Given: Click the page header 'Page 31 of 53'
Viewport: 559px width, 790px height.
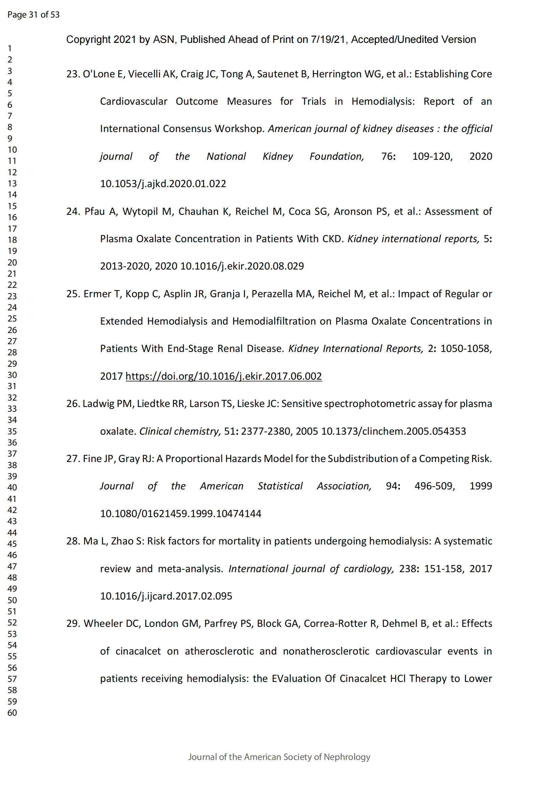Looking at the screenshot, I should (33, 15).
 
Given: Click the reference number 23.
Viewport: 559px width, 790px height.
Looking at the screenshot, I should (73, 74).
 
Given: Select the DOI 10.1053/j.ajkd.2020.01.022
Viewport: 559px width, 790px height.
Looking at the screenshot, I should (163, 184).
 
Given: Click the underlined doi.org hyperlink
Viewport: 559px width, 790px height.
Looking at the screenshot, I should (223, 376).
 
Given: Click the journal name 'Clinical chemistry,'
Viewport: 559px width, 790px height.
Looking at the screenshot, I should (180, 431).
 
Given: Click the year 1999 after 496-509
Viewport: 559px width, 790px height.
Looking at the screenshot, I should (481, 486).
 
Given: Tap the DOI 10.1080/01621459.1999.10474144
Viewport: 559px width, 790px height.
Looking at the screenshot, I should (180, 514).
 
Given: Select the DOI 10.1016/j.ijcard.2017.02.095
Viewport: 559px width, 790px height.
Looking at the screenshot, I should (166, 596).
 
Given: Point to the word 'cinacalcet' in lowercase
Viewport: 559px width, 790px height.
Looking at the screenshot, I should (138, 651).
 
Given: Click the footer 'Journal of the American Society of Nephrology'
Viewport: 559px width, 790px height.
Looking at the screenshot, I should (279, 757).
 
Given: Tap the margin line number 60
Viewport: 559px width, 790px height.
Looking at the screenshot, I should (12, 713).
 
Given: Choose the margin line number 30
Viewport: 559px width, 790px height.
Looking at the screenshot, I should (12, 375).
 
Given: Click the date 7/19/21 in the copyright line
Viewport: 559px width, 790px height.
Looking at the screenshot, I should (328, 40).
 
